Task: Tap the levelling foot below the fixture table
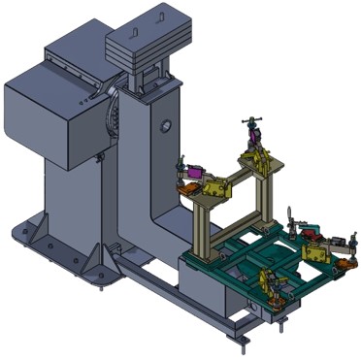coord(243,335)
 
